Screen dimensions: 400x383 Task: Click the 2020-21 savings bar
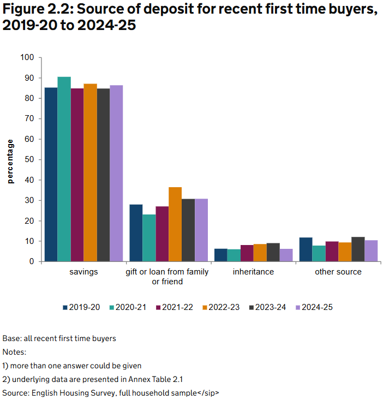(64, 169)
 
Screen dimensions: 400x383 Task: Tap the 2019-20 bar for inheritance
(206, 255)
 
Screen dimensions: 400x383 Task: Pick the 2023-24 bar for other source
(358, 249)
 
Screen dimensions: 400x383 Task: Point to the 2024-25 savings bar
(116, 174)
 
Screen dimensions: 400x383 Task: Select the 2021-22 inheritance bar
(232, 253)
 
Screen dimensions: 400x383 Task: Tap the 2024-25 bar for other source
(371, 251)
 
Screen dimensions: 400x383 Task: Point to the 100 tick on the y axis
(27, 57)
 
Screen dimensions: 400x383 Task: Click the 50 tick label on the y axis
(29, 159)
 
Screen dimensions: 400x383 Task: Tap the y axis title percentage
(10, 161)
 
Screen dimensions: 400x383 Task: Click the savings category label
(84, 272)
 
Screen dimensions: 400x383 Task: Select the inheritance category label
(253, 272)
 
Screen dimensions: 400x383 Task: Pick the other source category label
(338, 272)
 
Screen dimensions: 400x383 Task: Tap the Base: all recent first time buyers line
(59, 338)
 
